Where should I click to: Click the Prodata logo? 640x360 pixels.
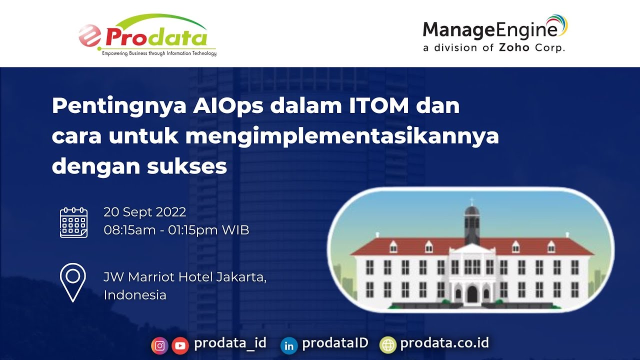coord(147,36)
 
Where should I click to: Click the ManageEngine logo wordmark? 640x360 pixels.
coord(490,29)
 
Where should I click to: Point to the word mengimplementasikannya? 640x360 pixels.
coord(342,136)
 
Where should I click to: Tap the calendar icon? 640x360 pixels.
coord(73,222)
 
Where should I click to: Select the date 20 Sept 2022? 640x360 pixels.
coord(145,212)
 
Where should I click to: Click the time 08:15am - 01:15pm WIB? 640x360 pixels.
coord(176,230)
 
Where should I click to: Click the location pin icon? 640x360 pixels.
coord(73,282)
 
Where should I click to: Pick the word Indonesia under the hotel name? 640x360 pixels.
coord(135,295)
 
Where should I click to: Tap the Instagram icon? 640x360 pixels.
coord(159,345)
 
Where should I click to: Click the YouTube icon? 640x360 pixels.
coord(180,345)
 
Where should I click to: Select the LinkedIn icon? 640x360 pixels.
coord(289,345)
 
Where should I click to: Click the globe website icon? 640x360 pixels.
coord(387,344)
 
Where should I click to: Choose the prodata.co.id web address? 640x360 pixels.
coord(444,343)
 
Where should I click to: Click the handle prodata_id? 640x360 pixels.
coord(230,343)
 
